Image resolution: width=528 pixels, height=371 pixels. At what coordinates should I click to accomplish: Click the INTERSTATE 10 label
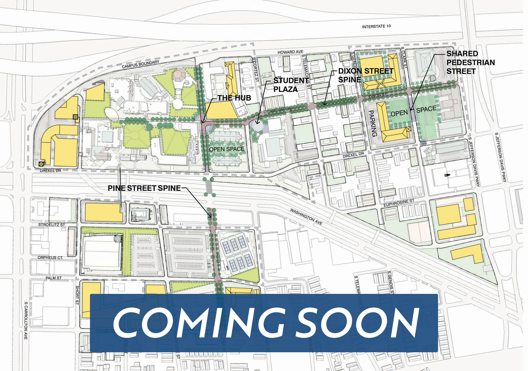pos(376,26)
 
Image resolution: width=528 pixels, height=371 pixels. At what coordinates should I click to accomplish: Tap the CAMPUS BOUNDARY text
pos(140,64)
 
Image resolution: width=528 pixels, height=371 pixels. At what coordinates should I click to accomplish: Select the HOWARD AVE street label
pos(290,52)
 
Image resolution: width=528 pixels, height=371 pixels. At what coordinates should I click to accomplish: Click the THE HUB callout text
pos(234,98)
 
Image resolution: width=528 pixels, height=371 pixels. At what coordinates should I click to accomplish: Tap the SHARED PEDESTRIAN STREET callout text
pos(470,62)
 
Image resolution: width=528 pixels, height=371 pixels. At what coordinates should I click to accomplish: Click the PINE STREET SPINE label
pos(144,188)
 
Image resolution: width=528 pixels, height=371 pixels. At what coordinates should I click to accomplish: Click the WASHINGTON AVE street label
pos(306,217)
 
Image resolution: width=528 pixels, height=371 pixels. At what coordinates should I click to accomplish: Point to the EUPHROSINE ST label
pos(399,203)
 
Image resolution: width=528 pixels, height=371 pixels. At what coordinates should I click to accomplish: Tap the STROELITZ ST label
pos(51,225)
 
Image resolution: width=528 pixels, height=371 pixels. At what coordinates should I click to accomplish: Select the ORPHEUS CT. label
pos(50,257)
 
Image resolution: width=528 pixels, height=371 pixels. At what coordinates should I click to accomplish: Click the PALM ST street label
pos(54,278)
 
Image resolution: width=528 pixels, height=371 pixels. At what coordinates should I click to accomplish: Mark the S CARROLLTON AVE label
pos(26,320)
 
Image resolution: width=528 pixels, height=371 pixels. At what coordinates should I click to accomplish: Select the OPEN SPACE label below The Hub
pos(227,149)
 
